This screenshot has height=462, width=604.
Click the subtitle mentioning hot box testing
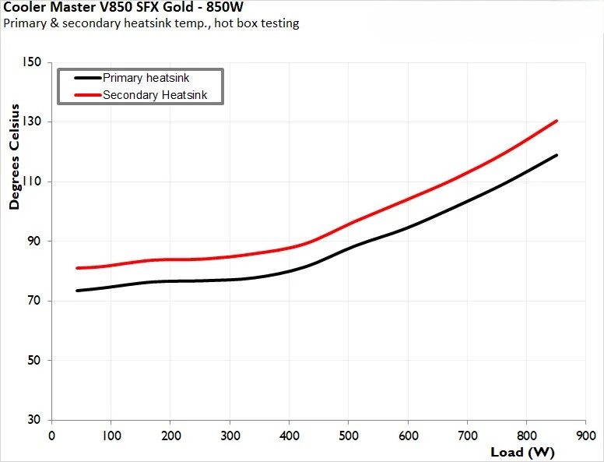point(152,23)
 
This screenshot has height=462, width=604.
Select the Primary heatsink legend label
point(146,78)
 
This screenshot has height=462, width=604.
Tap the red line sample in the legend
point(86,95)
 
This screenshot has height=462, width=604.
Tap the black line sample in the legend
point(86,78)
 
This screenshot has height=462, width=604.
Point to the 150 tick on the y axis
point(33,63)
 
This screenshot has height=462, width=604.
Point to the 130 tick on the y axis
point(33,122)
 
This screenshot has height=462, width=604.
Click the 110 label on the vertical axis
point(33,182)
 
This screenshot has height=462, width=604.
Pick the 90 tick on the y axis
point(36,242)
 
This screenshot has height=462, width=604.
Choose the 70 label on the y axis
point(36,301)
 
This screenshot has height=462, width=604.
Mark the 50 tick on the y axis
point(36,360)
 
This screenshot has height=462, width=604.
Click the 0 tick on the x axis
point(51,435)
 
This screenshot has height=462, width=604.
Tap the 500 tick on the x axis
point(349,435)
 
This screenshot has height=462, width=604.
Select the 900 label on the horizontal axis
point(586,435)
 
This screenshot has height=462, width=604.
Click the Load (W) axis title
point(522,452)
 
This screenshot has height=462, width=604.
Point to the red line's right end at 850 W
point(557,121)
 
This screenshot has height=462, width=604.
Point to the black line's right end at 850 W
point(557,155)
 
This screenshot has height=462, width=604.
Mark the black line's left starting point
point(77,291)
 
